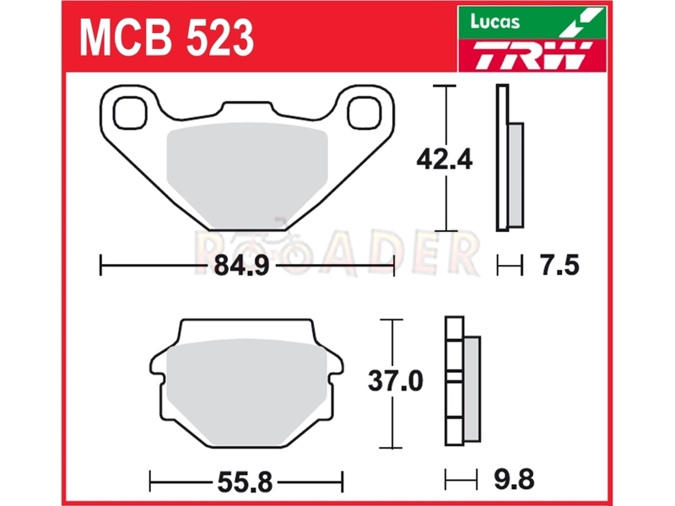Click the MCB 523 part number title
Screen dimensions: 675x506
[x=167, y=38]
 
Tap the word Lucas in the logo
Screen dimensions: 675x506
[x=494, y=21]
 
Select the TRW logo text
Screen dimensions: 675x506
[x=532, y=55]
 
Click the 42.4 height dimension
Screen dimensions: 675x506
[x=445, y=159]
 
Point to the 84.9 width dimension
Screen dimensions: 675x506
[x=241, y=266]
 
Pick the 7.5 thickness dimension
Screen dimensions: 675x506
[x=560, y=265]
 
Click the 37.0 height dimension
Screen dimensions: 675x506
[x=396, y=381]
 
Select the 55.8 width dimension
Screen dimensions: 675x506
[x=245, y=482]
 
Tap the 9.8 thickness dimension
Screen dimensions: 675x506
[x=515, y=479]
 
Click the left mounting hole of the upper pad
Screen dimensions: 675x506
[x=130, y=113]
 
